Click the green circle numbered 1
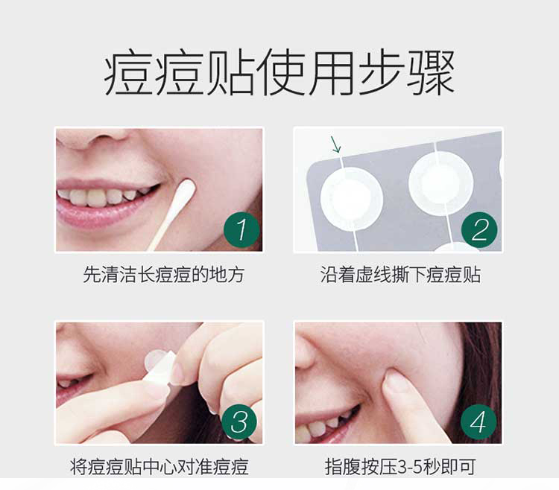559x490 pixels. (x=241, y=229)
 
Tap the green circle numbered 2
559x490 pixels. (x=479, y=229)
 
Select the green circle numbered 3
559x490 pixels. (x=239, y=422)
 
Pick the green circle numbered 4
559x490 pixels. (x=479, y=422)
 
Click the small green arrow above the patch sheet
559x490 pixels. (x=336, y=144)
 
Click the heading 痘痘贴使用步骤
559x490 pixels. (x=279, y=73)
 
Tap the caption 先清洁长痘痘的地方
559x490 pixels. (x=164, y=275)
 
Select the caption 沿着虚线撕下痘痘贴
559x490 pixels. (x=400, y=275)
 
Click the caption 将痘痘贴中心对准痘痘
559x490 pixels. (x=159, y=467)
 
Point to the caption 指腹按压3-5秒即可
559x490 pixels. (x=400, y=467)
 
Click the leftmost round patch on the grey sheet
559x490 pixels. (x=352, y=198)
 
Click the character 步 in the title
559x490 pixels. (x=381, y=73)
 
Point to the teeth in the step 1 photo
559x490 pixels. (x=104, y=196)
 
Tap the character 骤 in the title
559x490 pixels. (x=431, y=73)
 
